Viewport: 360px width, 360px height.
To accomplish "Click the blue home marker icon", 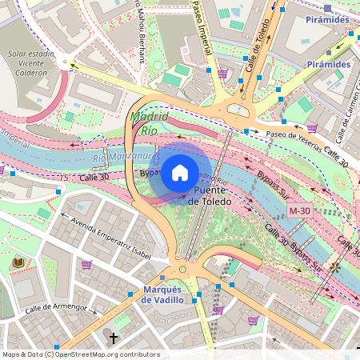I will pyautogui.click(x=180, y=172).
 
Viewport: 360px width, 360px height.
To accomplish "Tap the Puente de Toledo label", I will pyautogui.click(x=210, y=197).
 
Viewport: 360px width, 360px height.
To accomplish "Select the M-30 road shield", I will pyautogui.click(x=298, y=210).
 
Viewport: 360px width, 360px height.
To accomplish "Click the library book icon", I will pyautogui.click(x=18, y=262).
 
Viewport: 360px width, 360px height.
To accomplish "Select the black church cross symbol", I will pyautogui.click(x=114, y=338).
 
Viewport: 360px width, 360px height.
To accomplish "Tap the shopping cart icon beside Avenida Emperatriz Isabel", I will pyautogui.click(x=86, y=265).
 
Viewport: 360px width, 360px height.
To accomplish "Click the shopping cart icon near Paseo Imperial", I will pyautogui.click(x=222, y=74).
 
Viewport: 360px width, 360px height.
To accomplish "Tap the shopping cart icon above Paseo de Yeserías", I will pyautogui.click(x=311, y=127).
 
